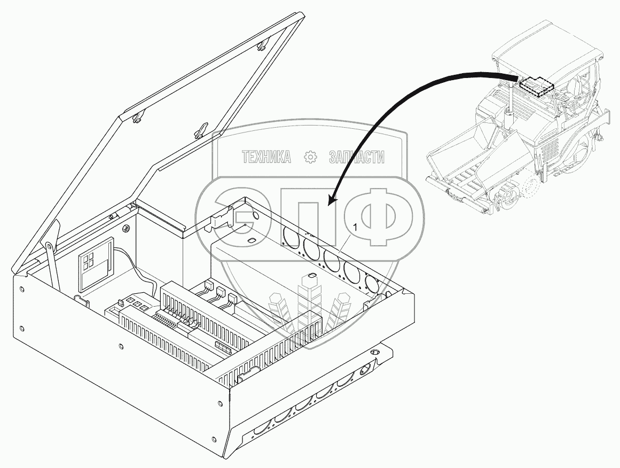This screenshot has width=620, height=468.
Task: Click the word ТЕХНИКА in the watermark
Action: point(266,157)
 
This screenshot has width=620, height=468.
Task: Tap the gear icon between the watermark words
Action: point(310,157)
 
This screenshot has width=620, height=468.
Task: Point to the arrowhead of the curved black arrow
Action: point(331,202)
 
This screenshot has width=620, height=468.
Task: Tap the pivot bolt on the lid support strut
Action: point(49,245)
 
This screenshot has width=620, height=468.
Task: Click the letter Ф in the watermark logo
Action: point(383,214)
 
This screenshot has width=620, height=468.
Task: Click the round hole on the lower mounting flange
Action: point(374,353)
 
